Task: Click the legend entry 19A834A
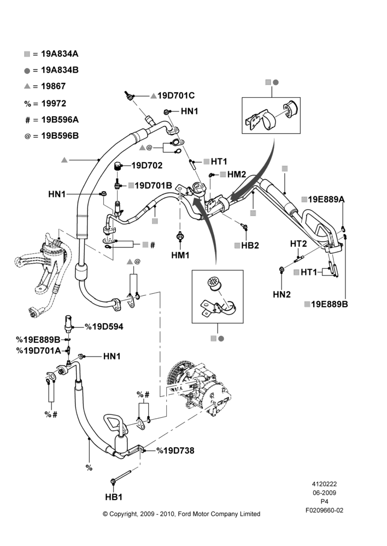point(60,54)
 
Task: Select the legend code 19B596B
point(60,136)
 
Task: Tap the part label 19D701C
point(176,96)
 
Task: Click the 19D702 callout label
point(147,165)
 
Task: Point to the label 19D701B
point(153,186)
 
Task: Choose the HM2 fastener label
point(237,175)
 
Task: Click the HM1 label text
point(180,256)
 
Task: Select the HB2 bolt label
point(250,246)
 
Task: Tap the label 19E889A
point(326,199)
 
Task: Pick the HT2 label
point(298,244)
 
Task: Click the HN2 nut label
point(282,295)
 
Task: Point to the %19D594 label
point(104,327)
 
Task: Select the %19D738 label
point(175,450)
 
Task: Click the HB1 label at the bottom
point(114,497)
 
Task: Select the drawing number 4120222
point(324,484)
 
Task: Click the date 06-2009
point(324,492)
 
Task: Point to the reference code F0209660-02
point(324,511)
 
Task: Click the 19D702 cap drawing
point(118,166)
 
